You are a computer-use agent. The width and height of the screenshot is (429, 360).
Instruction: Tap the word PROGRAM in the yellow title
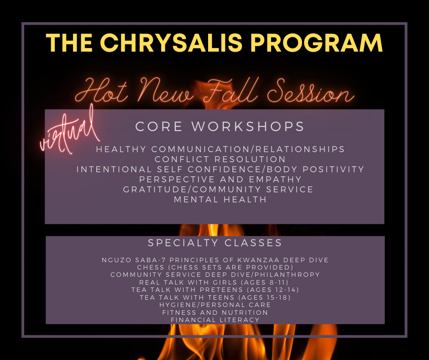tap(317, 43)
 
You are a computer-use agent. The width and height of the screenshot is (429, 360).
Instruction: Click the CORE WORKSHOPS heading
tap(220, 126)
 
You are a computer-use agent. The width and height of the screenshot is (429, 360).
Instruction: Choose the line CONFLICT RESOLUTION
tap(220, 159)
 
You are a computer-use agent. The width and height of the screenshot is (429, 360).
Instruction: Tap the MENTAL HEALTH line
tap(220, 200)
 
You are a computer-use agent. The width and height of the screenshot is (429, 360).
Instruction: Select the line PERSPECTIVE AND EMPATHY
tap(220, 179)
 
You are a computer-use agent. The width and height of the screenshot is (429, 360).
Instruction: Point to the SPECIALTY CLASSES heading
tap(215, 243)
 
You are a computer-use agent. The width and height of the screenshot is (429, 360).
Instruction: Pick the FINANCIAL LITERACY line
tap(215, 320)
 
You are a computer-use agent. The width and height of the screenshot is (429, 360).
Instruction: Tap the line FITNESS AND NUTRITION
tap(215, 312)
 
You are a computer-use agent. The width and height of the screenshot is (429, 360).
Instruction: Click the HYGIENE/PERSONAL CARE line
tap(215, 305)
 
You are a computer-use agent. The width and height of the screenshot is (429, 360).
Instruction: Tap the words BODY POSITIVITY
tap(315, 169)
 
